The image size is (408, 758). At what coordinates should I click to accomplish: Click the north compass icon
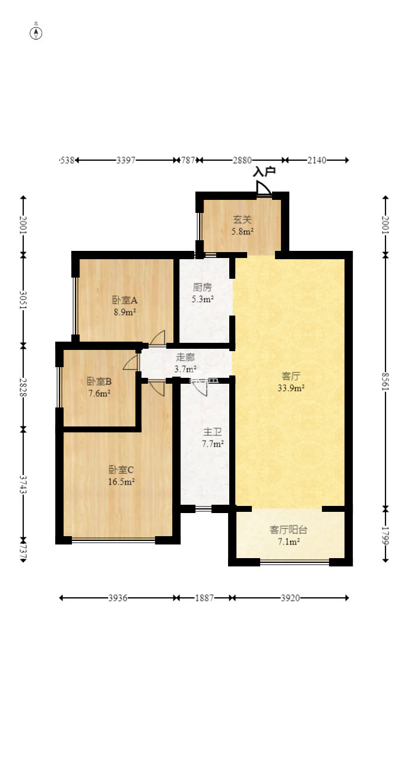36,33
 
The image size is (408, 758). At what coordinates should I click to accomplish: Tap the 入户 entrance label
264,172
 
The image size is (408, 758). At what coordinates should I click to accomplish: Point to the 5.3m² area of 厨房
203,300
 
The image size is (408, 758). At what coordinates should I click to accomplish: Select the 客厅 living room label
290,376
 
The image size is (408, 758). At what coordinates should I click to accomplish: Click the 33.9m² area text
290,388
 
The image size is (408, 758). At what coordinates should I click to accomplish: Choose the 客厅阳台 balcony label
289,530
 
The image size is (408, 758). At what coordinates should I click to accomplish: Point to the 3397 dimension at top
126,160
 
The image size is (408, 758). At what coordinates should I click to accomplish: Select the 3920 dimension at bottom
290,598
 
